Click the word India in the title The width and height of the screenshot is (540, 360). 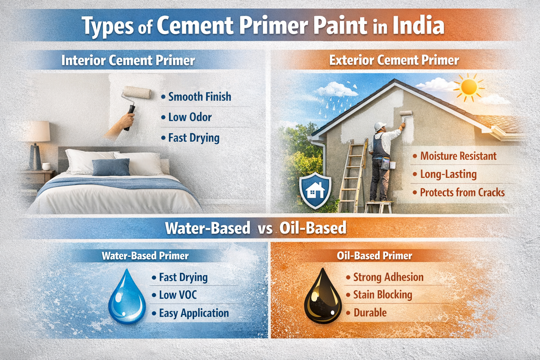click(418, 26)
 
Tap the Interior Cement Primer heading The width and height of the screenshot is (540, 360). click(128, 60)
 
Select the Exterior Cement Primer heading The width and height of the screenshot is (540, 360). click(394, 60)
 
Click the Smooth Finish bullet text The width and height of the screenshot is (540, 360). click(200, 97)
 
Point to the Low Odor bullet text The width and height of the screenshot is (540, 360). click(190, 117)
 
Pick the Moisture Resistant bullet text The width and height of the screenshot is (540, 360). click(458, 156)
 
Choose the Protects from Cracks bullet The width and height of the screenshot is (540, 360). click(462, 193)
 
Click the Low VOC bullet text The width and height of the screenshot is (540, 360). click(178, 295)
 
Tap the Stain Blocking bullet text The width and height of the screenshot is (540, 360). click(382, 295)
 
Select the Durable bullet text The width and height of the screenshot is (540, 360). click(370, 313)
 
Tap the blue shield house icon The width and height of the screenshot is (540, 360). click(315, 190)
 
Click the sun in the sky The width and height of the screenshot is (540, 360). click(469, 86)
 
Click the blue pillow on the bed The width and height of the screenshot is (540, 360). click(111, 167)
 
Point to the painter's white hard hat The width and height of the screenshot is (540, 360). click(380, 126)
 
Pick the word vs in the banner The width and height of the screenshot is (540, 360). click(265, 229)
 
